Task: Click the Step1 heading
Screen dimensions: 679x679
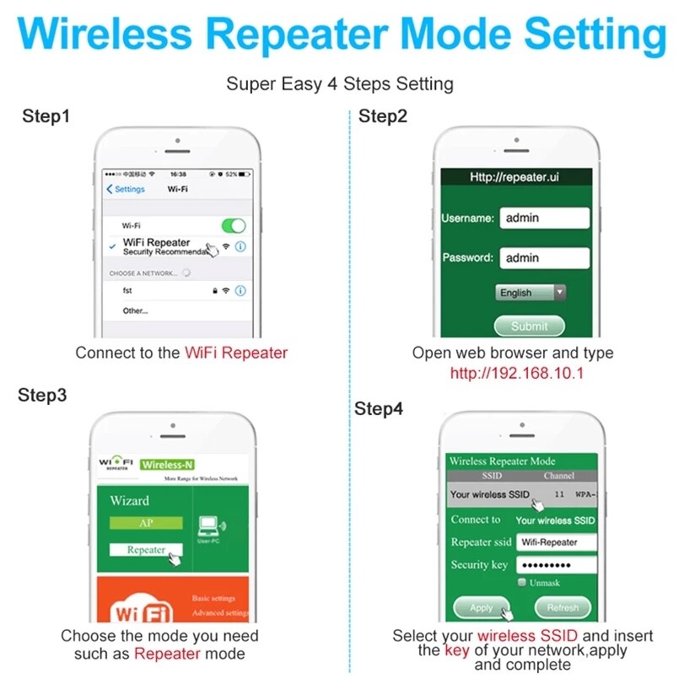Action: click(46, 116)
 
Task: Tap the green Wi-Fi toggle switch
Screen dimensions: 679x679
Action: click(233, 226)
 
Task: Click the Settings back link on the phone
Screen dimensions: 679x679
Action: click(126, 189)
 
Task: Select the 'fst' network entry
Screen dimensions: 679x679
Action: click(127, 290)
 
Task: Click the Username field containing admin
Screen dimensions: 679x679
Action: click(544, 218)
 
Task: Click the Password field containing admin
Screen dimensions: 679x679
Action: click(544, 257)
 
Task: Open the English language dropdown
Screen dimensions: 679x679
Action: click(531, 293)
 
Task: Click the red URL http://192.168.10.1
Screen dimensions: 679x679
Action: click(516, 373)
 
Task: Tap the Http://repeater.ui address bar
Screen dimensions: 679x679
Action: click(514, 177)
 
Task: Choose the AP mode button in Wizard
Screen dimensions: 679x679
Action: click(146, 523)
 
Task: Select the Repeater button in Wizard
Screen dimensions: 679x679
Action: click(146, 550)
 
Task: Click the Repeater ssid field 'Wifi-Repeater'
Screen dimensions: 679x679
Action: click(556, 542)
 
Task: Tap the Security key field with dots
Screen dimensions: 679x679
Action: click(556, 565)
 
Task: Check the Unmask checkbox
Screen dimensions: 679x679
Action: click(522, 583)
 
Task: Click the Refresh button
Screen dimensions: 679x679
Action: click(563, 607)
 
